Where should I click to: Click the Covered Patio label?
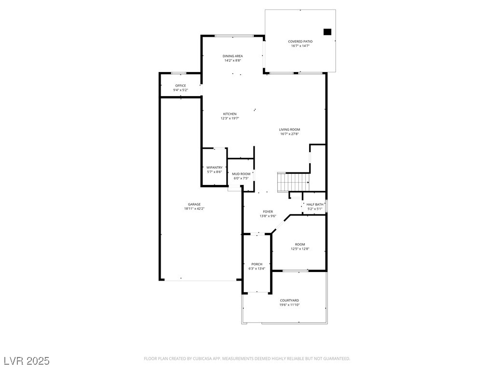click(x=300, y=42)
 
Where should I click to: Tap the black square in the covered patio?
click(x=328, y=32)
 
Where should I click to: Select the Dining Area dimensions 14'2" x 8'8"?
click(x=233, y=60)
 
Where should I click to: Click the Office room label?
click(x=180, y=86)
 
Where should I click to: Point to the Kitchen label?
click(x=230, y=114)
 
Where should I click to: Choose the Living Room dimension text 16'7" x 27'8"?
click(x=289, y=134)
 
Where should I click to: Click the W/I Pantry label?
click(x=215, y=168)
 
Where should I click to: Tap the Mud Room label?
click(x=241, y=174)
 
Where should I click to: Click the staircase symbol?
click(x=293, y=182)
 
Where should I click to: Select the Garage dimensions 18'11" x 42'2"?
click(x=194, y=209)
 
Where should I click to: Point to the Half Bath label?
click(x=315, y=204)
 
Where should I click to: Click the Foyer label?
click(x=268, y=212)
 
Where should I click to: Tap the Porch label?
click(x=257, y=264)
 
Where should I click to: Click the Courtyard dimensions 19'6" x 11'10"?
click(x=289, y=305)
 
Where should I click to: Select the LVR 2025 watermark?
click(x=27, y=361)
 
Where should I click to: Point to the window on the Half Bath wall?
click(x=327, y=206)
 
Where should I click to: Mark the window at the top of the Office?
click(x=178, y=73)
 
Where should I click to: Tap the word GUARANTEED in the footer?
click(x=337, y=359)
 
